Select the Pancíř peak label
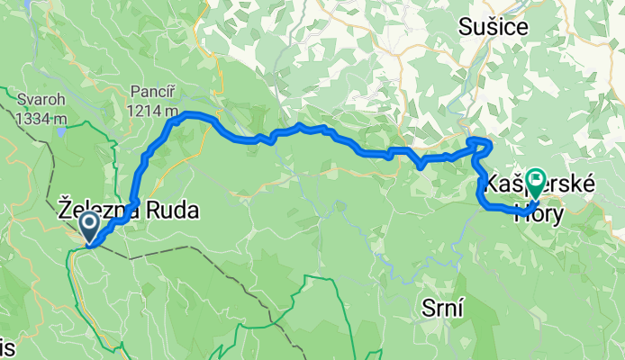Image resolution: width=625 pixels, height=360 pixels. pos(150,92)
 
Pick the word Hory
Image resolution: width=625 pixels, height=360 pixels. pos(539,212)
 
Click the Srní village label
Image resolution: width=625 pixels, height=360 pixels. pos(442,310)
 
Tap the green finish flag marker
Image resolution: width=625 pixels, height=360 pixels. pos(536,183)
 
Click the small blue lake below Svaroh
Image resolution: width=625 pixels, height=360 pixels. pos(60,131)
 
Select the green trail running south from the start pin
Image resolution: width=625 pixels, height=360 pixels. pos(72,270)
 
